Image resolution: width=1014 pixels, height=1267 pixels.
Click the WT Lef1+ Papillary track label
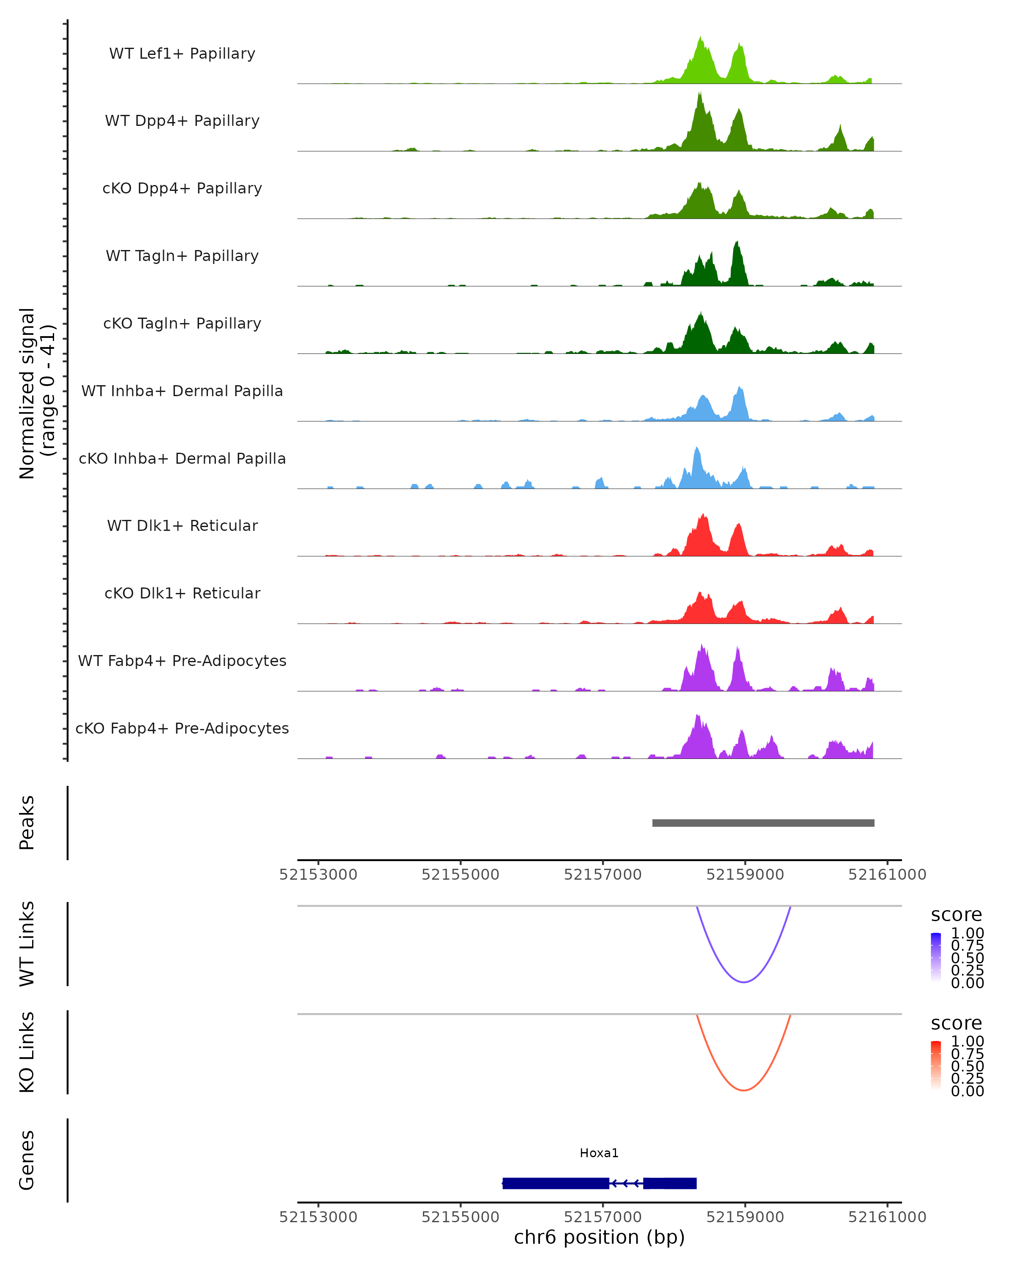tap(182, 54)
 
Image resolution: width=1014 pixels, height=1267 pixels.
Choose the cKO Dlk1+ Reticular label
tap(182, 593)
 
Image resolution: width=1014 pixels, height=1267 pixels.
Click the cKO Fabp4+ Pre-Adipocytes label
tap(182, 728)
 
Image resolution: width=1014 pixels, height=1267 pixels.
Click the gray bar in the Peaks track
tap(763, 823)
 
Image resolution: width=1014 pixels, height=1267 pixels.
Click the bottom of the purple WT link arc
tap(744, 982)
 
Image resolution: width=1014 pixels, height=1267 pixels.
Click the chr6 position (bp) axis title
tap(599, 1237)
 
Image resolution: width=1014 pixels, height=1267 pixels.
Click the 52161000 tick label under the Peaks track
tap(887, 875)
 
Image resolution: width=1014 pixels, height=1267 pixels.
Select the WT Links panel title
tap(27, 944)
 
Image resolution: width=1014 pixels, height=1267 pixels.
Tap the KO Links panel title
tap(27, 1052)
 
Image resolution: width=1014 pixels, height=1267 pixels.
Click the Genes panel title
tap(27, 1161)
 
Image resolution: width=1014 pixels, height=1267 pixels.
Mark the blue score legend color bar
tap(936, 957)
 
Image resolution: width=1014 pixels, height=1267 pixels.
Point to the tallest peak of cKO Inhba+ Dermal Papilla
tap(697, 449)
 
